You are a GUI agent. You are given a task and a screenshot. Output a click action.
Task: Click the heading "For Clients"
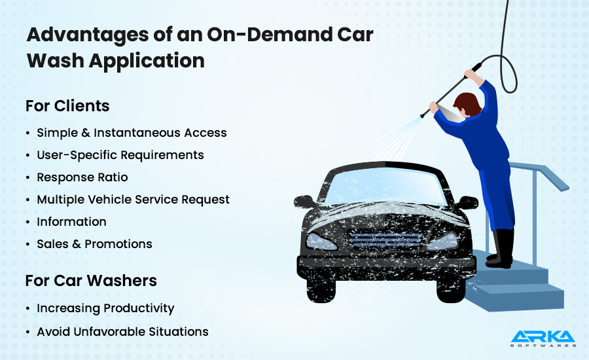tap(67, 106)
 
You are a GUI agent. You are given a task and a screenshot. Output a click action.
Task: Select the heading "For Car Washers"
tap(91, 281)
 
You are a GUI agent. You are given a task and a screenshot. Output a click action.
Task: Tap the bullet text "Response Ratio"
tap(82, 177)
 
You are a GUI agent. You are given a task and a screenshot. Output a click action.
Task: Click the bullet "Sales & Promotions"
tap(94, 244)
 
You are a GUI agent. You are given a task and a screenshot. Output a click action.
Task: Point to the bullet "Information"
tap(71, 222)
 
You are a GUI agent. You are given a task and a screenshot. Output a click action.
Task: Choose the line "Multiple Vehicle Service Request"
tap(133, 200)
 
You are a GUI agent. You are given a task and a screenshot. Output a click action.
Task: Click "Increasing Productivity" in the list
tap(105, 308)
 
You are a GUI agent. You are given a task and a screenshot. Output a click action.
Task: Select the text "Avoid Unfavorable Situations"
tap(122, 332)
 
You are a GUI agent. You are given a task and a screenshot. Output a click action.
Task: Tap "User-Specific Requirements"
tap(120, 155)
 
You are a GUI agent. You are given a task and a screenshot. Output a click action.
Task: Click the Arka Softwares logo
tap(543, 337)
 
